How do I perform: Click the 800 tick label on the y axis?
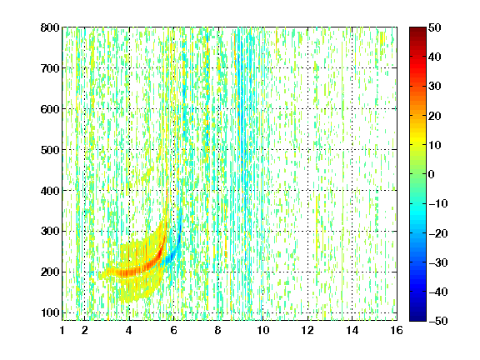pos(50,27)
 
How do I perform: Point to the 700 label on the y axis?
pos(50,68)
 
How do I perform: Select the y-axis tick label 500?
pos(50,150)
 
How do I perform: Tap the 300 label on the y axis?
pos(50,232)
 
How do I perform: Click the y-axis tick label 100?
pos(50,313)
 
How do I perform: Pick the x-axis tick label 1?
pos(62,330)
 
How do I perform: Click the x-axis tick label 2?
pos(85,330)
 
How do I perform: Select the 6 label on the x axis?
pos(174,330)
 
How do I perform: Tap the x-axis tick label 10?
pos(263,330)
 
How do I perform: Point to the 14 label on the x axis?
pos(352,330)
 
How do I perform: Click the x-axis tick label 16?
pos(397,330)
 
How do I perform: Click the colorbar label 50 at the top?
pos(435,27)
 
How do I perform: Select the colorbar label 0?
pos(432,174)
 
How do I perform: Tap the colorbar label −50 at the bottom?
pos(438,321)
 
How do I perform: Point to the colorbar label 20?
pos(435,116)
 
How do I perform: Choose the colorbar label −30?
pos(438,262)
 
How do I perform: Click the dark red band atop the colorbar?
pos(417,34)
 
